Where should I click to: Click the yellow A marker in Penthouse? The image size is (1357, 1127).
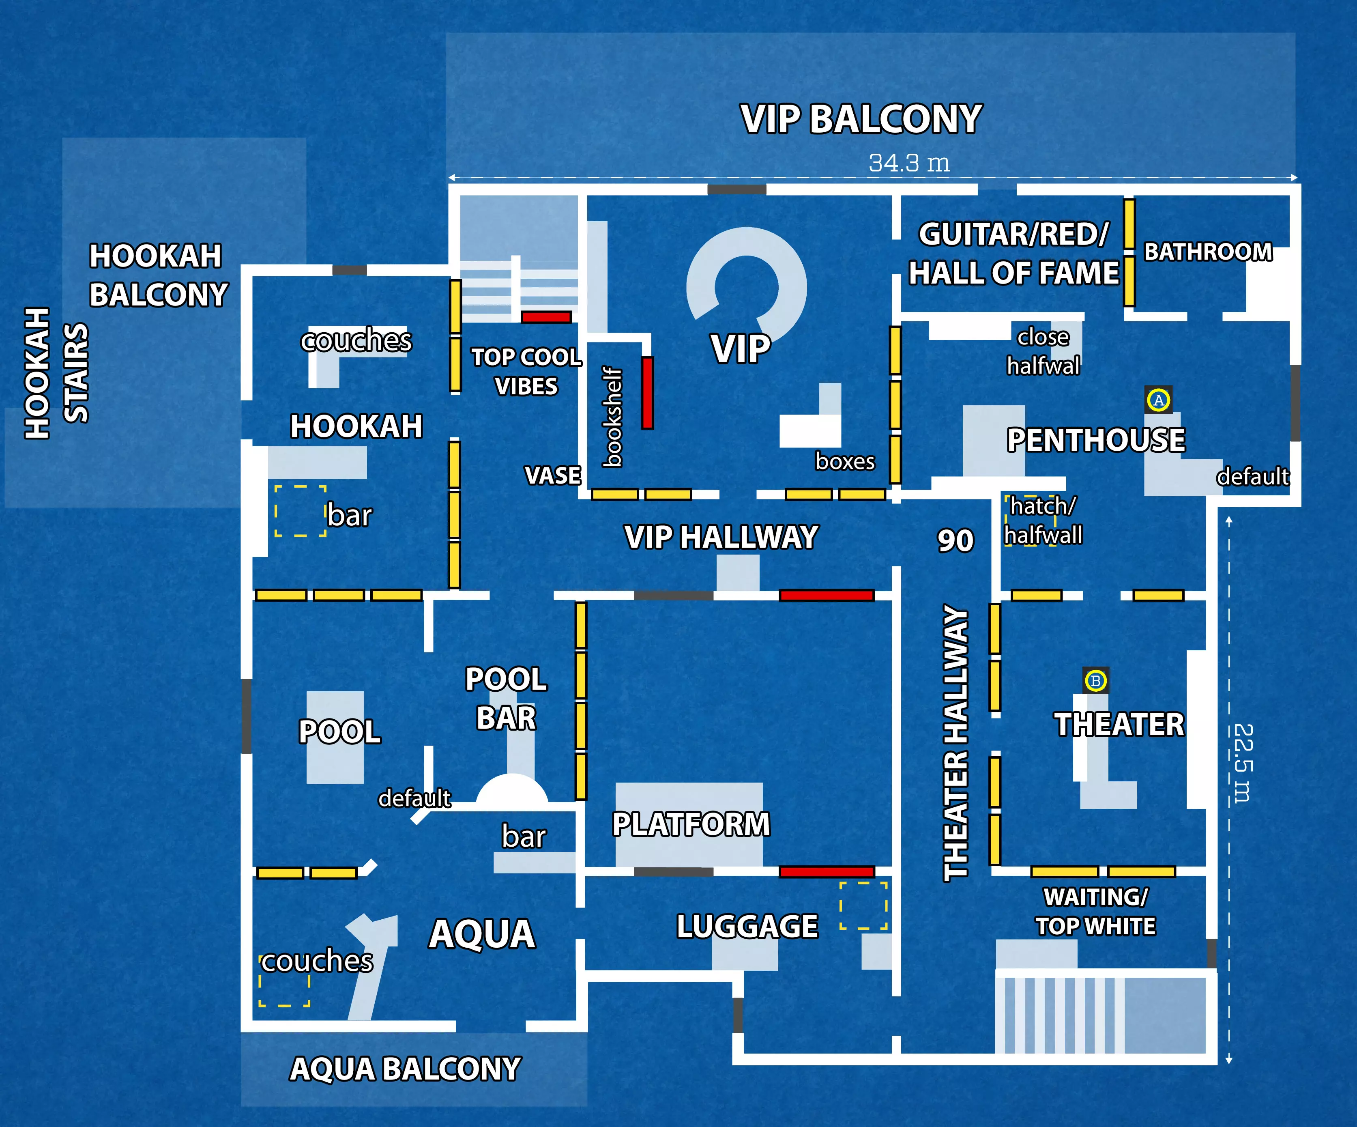pyautogui.click(x=1159, y=400)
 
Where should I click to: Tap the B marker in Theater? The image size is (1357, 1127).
pyautogui.click(x=1095, y=680)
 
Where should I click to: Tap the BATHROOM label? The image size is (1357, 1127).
pyautogui.click(x=1208, y=252)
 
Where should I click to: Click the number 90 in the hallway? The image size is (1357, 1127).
pyautogui.click(x=955, y=540)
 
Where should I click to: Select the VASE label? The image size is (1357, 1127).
pyautogui.click(x=552, y=475)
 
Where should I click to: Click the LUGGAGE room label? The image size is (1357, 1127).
pyautogui.click(x=747, y=926)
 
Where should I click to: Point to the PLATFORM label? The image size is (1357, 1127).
pyautogui.click(x=691, y=825)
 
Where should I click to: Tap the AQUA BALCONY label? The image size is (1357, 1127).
pyautogui.click(x=405, y=1069)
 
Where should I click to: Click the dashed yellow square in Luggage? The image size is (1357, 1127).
pyautogui.click(x=863, y=905)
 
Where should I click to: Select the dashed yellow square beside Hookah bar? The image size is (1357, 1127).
pyautogui.click(x=300, y=510)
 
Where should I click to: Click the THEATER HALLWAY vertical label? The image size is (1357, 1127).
pyautogui.click(x=956, y=743)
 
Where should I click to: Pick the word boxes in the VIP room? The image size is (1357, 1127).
pyautogui.click(x=844, y=461)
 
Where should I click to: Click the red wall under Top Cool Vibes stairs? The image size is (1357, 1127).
pyautogui.click(x=546, y=317)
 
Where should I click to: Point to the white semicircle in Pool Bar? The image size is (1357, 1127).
pyautogui.click(x=512, y=790)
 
